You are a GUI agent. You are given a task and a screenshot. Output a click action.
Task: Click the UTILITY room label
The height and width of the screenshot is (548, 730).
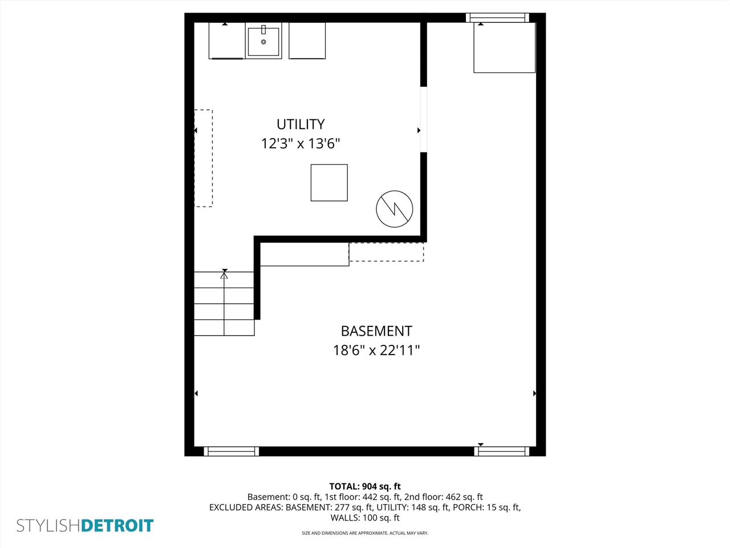(x=301, y=124)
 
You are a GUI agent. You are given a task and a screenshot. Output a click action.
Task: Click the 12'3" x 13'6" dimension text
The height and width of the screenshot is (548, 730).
(x=301, y=143)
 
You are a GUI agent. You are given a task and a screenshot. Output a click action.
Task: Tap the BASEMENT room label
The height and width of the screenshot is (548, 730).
(x=376, y=331)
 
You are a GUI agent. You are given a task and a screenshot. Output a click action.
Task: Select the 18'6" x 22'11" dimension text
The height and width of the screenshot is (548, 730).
(x=376, y=350)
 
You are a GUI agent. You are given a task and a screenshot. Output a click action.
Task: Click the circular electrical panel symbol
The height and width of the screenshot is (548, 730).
(x=395, y=209)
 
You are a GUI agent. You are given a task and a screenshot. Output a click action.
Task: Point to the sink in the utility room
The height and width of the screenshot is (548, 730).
(x=263, y=41)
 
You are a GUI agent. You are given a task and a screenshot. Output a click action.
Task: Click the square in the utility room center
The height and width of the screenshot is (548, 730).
(x=329, y=183)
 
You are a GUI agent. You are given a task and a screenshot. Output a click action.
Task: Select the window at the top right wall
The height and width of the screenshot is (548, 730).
(x=497, y=18)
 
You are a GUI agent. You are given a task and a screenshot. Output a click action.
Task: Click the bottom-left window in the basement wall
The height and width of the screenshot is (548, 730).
(x=231, y=451)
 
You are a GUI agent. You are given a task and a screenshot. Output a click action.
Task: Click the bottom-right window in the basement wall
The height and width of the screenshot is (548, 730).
(x=502, y=451)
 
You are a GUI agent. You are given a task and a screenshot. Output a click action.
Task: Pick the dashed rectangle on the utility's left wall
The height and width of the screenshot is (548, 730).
(x=204, y=158)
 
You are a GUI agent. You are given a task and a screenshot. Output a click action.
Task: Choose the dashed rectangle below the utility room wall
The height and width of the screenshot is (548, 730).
(x=386, y=252)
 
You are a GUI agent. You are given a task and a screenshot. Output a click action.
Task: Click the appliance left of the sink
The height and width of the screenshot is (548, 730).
(x=226, y=41)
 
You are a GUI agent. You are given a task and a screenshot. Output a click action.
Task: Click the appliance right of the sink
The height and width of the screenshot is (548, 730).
(x=307, y=41)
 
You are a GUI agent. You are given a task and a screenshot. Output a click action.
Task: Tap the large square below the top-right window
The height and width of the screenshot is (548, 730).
(x=504, y=48)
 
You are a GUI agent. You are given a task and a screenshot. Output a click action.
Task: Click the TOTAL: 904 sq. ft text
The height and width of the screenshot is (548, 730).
(x=365, y=486)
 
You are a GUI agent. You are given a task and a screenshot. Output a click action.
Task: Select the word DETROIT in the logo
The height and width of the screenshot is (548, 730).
(x=117, y=526)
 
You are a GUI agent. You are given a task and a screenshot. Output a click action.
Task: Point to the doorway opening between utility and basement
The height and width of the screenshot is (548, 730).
(x=424, y=119)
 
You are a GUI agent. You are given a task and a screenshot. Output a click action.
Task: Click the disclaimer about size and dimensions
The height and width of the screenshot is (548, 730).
(x=365, y=533)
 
